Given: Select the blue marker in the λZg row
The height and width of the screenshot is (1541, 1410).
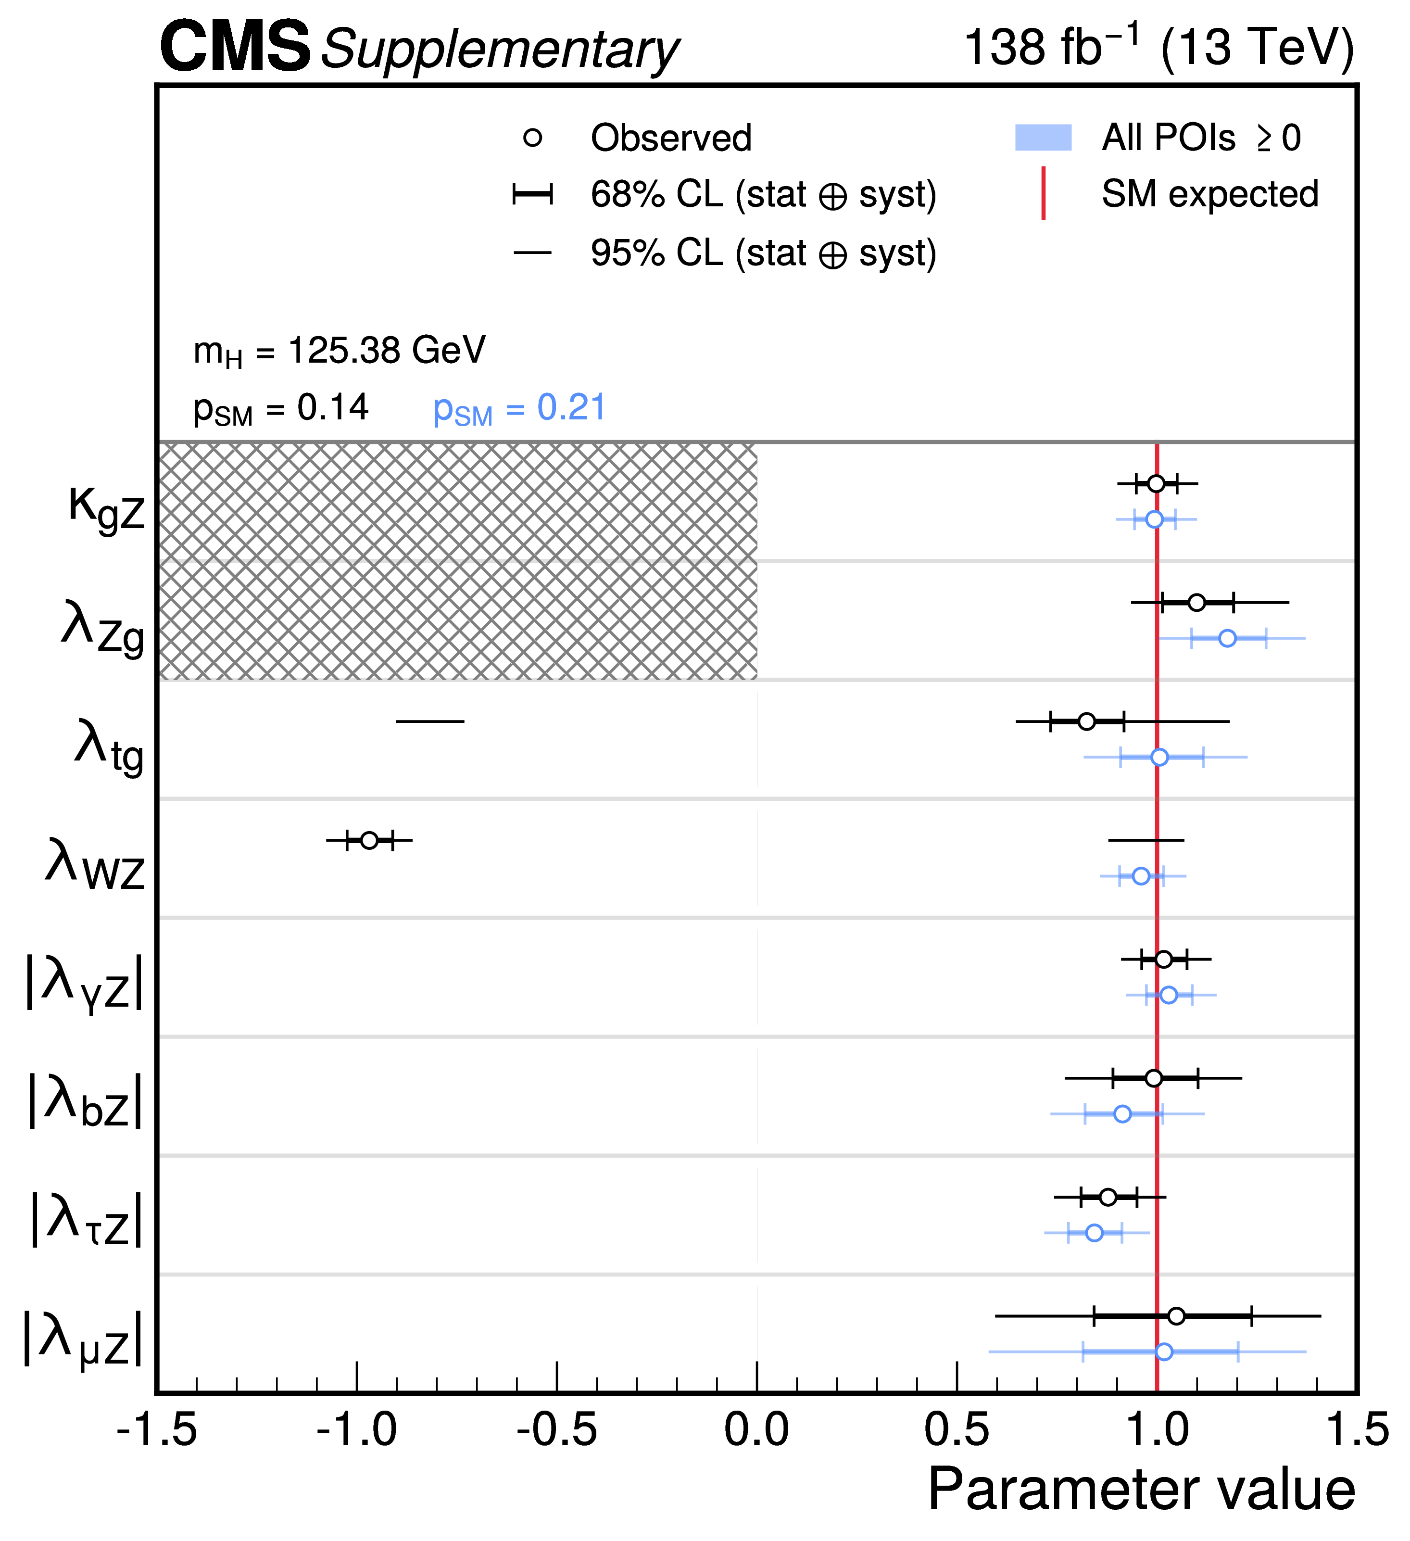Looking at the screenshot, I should click(x=1227, y=638).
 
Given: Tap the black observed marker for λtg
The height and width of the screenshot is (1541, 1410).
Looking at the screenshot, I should click(x=1086, y=721).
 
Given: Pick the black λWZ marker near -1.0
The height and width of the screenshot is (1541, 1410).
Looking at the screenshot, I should click(x=369, y=840).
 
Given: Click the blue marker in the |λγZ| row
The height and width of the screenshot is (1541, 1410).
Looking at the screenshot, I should click(x=1169, y=995).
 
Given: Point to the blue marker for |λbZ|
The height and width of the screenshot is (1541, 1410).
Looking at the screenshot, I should click(x=1122, y=1114).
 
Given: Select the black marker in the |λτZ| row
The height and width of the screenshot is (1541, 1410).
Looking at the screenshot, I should click(x=1108, y=1197).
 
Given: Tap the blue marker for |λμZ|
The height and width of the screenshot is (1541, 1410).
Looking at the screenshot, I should click(x=1164, y=1352).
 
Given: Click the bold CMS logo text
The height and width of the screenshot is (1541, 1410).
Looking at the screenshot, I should click(x=235, y=48).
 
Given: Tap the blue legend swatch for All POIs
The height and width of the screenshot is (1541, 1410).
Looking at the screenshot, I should click(x=1043, y=138).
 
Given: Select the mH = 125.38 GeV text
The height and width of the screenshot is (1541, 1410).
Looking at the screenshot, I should click(x=340, y=352).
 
